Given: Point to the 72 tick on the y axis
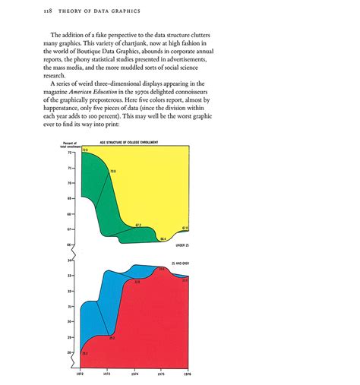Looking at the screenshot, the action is point(69,152).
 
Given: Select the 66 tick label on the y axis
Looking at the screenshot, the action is point(69,245).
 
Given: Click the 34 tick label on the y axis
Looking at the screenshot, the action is point(69,260).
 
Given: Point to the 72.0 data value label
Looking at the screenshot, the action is point(85,151).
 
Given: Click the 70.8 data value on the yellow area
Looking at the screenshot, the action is point(112,172).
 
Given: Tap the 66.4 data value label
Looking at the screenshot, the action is point(163,239).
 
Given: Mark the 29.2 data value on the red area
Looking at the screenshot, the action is point(112,338).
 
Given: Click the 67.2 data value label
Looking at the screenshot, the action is point(138,226).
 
